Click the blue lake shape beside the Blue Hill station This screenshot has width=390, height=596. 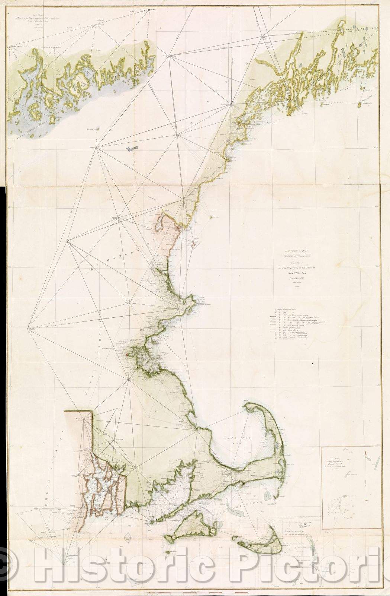click(130, 148)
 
